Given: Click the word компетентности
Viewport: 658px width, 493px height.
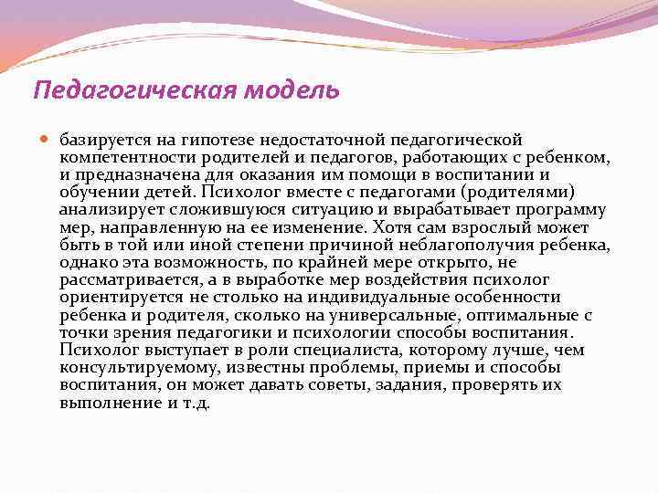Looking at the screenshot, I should point(119,157).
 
